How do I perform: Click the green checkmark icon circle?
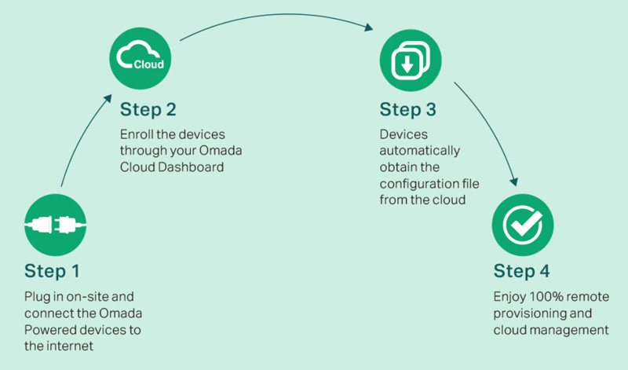tap(518, 223)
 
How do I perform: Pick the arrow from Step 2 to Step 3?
tap(275, 16)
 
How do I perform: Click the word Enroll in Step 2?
tap(137, 133)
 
